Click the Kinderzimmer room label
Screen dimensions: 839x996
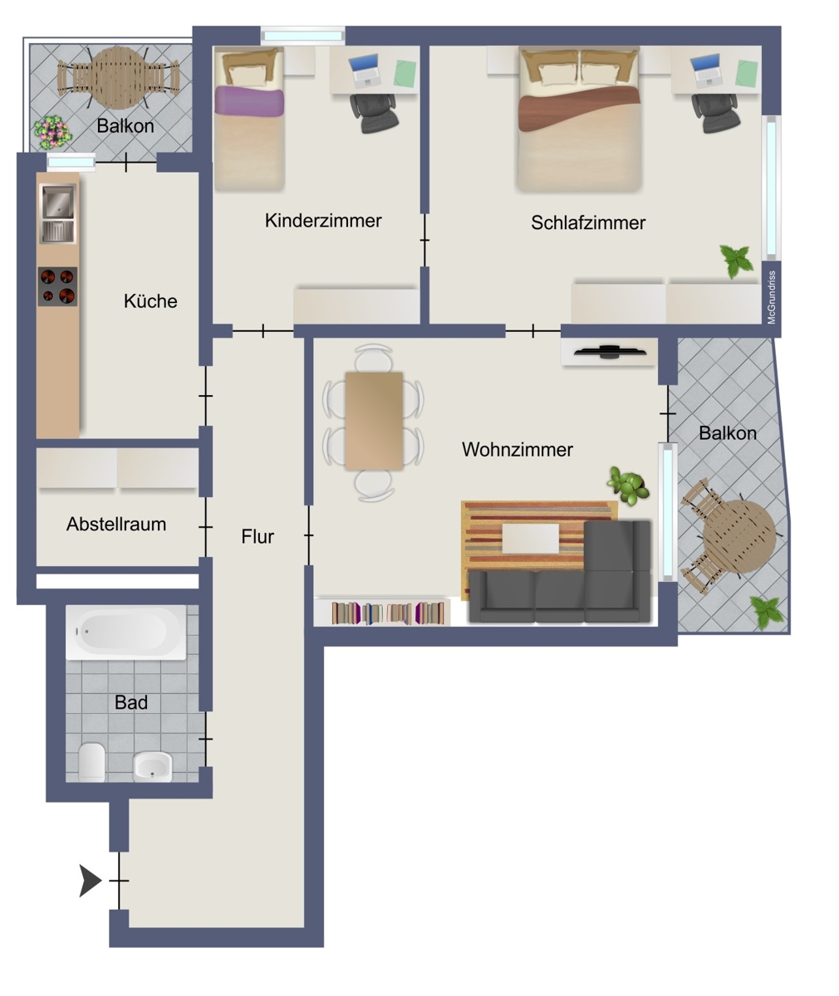click(x=323, y=221)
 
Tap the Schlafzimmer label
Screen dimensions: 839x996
click(x=588, y=222)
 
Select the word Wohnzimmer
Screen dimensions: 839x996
click(x=518, y=449)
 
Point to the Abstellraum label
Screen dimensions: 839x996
click(x=116, y=525)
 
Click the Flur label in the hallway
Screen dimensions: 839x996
click(x=258, y=537)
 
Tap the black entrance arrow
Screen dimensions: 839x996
click(x=91, y=881)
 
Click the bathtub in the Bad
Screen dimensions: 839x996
click(x=126, y=632)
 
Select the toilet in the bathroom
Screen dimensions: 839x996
click(x=91, y=762)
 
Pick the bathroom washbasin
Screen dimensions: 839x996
click(x=152, y=767)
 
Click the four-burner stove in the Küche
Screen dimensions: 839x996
click(x=58, y=286)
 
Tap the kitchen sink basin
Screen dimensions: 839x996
click(x=58, y=202)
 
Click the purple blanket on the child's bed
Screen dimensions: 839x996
click(x=249, y=101)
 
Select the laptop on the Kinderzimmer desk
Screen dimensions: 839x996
click(x=365, y=71)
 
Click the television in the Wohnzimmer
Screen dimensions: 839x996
click(x=610, y=352)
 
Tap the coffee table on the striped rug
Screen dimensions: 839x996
click(x=531, y=539)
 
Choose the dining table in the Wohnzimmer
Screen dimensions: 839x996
click(x=374, y=421)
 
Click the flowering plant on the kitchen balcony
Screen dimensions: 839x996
click(x=52, y=132)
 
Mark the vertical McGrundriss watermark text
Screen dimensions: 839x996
click(x=772, y=298)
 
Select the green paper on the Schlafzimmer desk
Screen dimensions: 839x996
click(x=747, y=74)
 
